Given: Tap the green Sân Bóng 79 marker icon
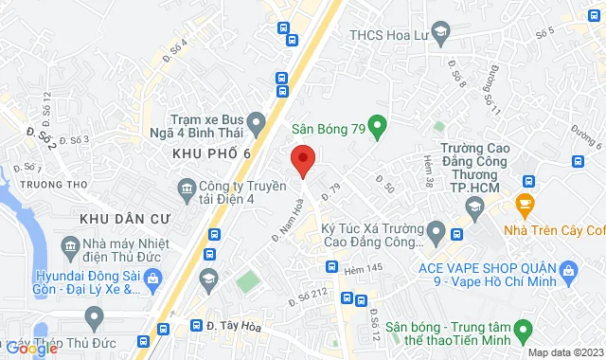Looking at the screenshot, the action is tap(377, 125).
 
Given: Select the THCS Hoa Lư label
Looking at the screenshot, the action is tap(388, 34).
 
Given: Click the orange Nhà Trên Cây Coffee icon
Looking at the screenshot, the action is tap(522, 203).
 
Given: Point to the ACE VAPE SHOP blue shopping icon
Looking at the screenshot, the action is tap(567, 275).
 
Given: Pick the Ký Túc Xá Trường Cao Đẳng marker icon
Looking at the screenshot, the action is tap(437, 229).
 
